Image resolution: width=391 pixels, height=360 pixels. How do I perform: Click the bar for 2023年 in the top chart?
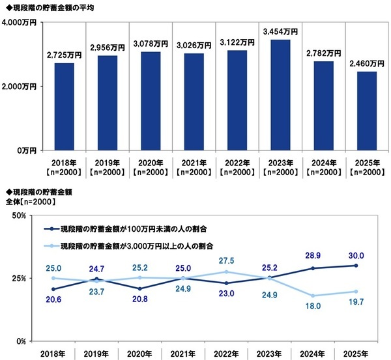[x=280, y=95]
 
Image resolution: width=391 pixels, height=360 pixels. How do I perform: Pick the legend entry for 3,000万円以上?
[x=139, y=247]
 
